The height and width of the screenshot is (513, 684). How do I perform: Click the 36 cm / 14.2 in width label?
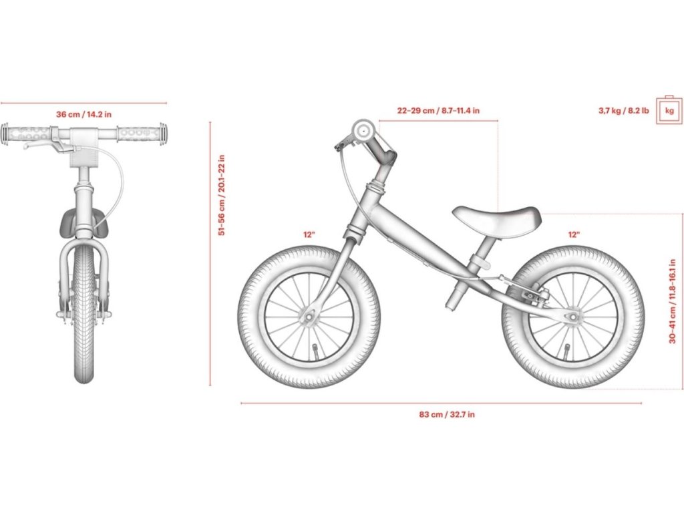click(83, 114)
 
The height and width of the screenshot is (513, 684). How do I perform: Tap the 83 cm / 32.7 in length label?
click(447, 414)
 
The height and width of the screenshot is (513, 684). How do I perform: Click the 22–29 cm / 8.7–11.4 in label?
click(438, 110)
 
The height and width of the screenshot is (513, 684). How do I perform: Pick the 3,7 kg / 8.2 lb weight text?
click(623, 110)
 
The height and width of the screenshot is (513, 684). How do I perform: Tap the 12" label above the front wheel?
click(309, 234)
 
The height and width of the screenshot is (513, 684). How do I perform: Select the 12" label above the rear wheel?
click(574, 234)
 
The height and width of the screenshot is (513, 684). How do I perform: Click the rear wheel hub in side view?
click(572, 316)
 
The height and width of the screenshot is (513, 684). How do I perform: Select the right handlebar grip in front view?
click(140, 133)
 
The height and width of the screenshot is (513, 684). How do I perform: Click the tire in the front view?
click(83, 314)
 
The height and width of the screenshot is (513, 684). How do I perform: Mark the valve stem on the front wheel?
click(314, 351)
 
